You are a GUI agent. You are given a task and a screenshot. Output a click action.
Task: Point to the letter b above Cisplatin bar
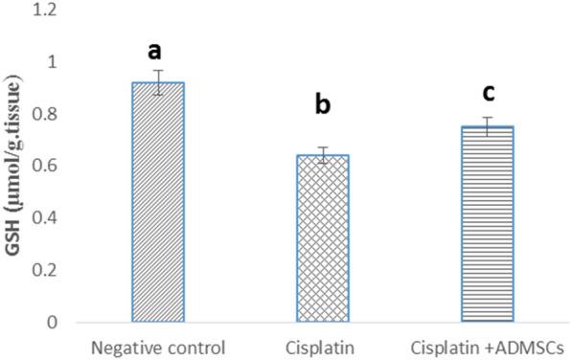click(x=323, y=104)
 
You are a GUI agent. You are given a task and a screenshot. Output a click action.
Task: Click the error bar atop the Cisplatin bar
click(x=322, y=155)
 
